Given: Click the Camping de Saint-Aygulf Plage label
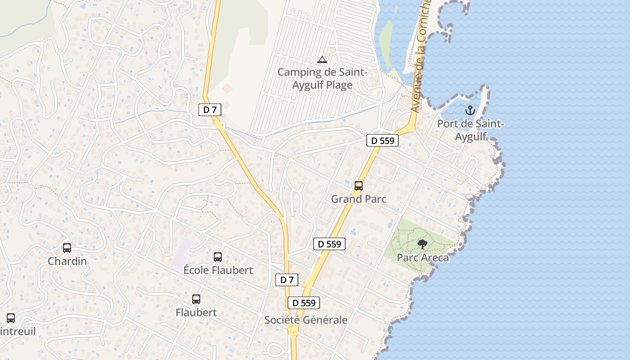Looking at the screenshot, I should click(x=322, y=78).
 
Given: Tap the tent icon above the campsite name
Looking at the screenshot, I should click(x=322, y=59).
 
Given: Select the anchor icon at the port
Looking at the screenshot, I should click(x=470, y=110).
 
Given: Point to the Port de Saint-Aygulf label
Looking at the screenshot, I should click(x=471, y=130).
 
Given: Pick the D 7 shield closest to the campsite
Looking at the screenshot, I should click(x=210, y=109).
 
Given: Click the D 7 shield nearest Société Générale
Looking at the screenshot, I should click(x=287, y=279).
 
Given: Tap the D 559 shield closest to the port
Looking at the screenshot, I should click(x=382, y=140).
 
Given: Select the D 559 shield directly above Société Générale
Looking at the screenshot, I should click(x=304, y=303).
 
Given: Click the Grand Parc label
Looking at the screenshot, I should click(x=359, y=199).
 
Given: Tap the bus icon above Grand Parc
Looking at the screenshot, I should click(x=359, y=185).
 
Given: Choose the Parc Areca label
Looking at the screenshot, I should click(x=423, y=258).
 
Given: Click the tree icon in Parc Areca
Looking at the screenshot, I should click(x=422, y=244).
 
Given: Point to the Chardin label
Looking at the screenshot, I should click(x=67, y=261).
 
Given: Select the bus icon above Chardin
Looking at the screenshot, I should click(x=67, y=247).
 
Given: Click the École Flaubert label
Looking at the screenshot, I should click(x=218, y=270).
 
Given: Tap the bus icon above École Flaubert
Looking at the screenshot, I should click(x=218, y=256).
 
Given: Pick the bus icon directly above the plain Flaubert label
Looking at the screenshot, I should click(x=196, y=299).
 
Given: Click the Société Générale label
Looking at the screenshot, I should click(x=306, y=320).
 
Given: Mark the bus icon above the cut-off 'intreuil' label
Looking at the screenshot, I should click(x=11, y=318).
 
